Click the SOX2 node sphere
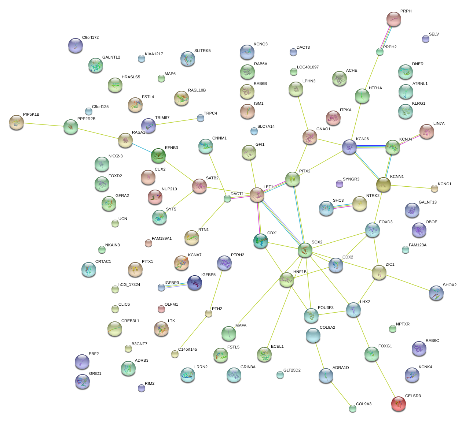305,250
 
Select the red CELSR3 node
399,404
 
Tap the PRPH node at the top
394,19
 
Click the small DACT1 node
227,199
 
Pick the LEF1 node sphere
257,195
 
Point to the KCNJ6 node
349,147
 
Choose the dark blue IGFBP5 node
194,283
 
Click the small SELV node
425,38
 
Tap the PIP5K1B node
16,122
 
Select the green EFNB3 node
158,156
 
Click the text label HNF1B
300,272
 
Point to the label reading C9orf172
90,38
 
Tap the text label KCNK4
425,367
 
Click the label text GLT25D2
292,370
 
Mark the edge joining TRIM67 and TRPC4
178,122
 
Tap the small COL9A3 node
352,409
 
